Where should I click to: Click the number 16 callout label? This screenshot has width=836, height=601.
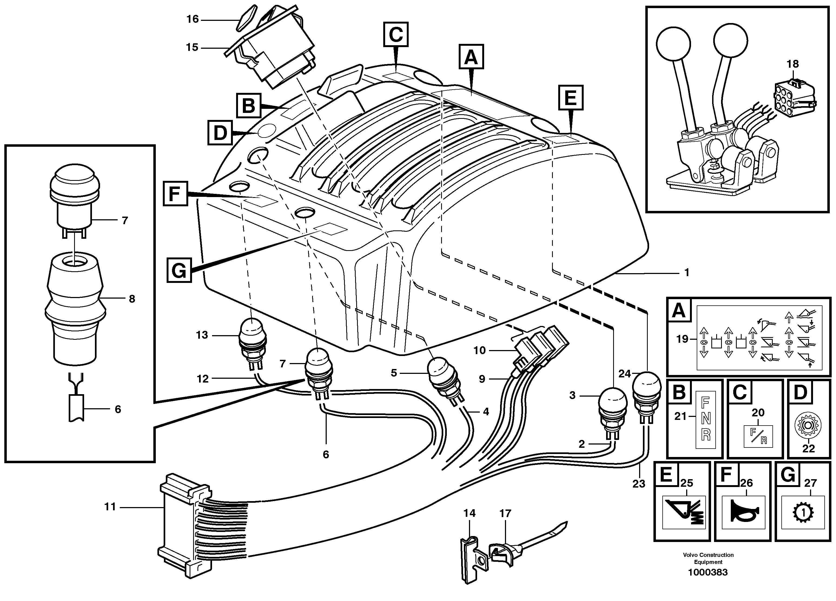pyautogui.click(x=192, y=19)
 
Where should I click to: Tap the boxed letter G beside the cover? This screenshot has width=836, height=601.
pyautogui.click(x=179, y=270)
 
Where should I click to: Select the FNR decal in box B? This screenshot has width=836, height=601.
pyautogui.click(x=706, y=420)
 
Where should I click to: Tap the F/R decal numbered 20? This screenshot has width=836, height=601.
pyautogui.click(x=758, y=436)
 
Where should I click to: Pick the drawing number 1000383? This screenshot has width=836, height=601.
pyautogui.click(x=708, y=572)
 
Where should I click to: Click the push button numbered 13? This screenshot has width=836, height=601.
pyautogui.click(x=252, y=334)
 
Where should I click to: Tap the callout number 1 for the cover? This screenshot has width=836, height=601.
pyautogui.click(x=686, y=272)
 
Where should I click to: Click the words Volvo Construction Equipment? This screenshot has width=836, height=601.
pyautogui.click(x=708, y=558)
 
